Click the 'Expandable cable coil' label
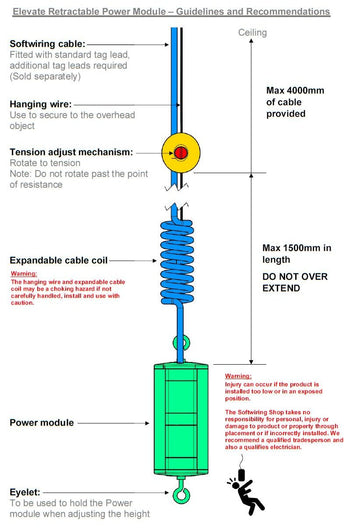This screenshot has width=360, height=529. pos(60,260)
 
